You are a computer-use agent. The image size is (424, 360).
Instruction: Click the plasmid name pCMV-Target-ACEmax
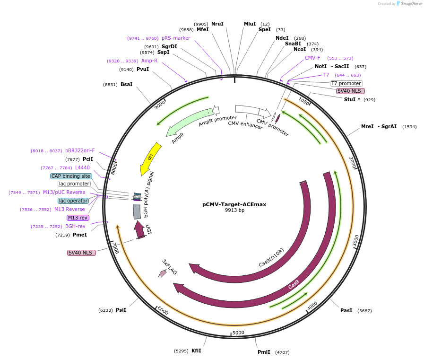(234, 204)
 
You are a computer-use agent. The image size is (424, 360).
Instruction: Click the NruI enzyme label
(217, 24)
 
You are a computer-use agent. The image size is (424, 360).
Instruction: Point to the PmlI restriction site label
(264, 352)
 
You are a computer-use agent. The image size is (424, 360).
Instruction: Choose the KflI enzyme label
(196, 351)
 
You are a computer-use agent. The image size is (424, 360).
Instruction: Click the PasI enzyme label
(346, 310)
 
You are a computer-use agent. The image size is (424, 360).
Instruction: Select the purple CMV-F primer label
(312, 58)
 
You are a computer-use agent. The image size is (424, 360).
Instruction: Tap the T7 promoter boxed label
(346, 83)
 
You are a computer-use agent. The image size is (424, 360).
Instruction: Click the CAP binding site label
(71, 176)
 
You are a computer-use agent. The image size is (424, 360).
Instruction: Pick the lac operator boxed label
(73, 201)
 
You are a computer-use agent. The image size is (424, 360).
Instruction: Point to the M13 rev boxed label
(78, 218)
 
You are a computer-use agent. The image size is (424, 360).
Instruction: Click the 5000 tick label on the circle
(238, 333)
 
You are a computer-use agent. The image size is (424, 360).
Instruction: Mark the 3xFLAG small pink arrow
(163, 273)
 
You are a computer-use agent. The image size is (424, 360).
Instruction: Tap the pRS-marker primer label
(176, 38)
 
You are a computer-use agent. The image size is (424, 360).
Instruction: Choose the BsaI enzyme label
(126, 84)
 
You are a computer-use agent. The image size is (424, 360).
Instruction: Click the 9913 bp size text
(234, 211)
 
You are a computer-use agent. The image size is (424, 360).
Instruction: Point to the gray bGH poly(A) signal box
(137, 211)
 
